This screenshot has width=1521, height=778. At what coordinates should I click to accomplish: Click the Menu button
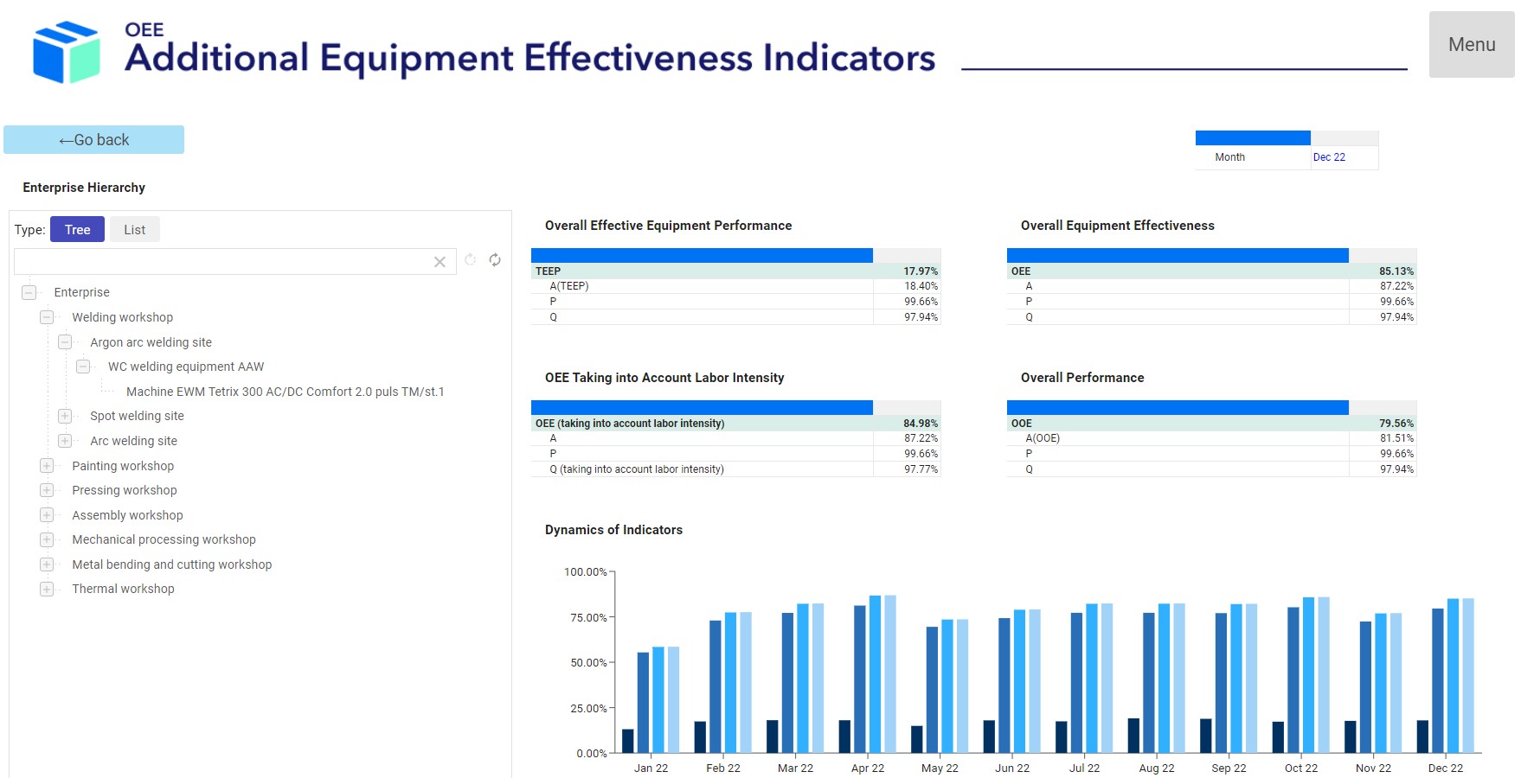(1471, 45)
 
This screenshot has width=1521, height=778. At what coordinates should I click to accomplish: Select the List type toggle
(134, 230)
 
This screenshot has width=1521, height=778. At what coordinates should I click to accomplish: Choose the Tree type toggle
(77, 230)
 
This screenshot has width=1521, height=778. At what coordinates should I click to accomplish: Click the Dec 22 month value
(1329, 157)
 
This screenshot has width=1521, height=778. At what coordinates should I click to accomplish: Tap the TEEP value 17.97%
(921, 271)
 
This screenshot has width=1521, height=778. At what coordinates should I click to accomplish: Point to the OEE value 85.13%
(1396, 271)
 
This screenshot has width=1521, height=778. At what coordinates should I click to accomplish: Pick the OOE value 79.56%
(1396, 424)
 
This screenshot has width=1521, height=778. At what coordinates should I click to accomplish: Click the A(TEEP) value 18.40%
(921, 286)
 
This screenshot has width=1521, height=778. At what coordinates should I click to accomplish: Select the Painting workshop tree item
(123, 466)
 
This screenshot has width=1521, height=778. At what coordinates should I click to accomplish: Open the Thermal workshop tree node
(47, 589)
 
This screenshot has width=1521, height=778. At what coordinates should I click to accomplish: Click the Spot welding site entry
(137, 416)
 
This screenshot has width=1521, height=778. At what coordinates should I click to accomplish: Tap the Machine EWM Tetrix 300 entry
(285, 392)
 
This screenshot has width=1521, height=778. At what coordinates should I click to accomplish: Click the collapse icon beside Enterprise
(29, 292)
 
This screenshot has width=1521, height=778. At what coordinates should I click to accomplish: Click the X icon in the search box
(440, 262)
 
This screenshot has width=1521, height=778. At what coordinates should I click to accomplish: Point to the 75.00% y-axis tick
(588, 617)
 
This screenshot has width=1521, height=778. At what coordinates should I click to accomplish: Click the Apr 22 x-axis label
(868, 768)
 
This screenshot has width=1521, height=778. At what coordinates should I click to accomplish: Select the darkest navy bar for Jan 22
(628, 741)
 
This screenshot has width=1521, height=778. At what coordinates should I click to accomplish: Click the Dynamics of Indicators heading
(613, 530)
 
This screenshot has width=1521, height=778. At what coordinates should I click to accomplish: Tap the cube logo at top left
(66, 52)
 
